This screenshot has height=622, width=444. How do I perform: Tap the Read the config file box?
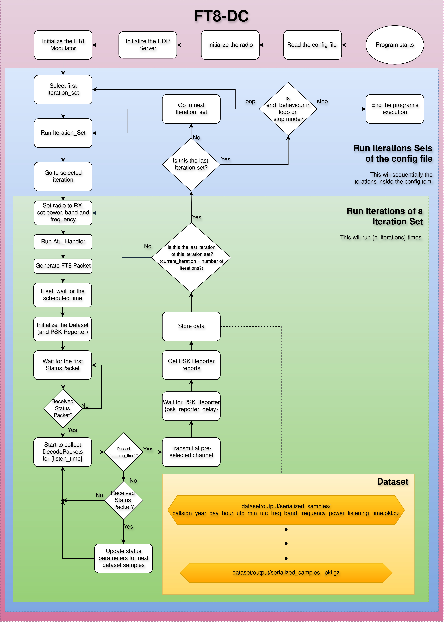pyautogui.click(x=312, y=45)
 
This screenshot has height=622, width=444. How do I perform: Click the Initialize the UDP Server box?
pyautogui.click(x=148, y=45)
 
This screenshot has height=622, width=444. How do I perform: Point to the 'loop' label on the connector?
pyautogui.click(x=250, y=101)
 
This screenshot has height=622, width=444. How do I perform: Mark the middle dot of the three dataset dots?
pyautogui.click(x=286, y=543)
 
